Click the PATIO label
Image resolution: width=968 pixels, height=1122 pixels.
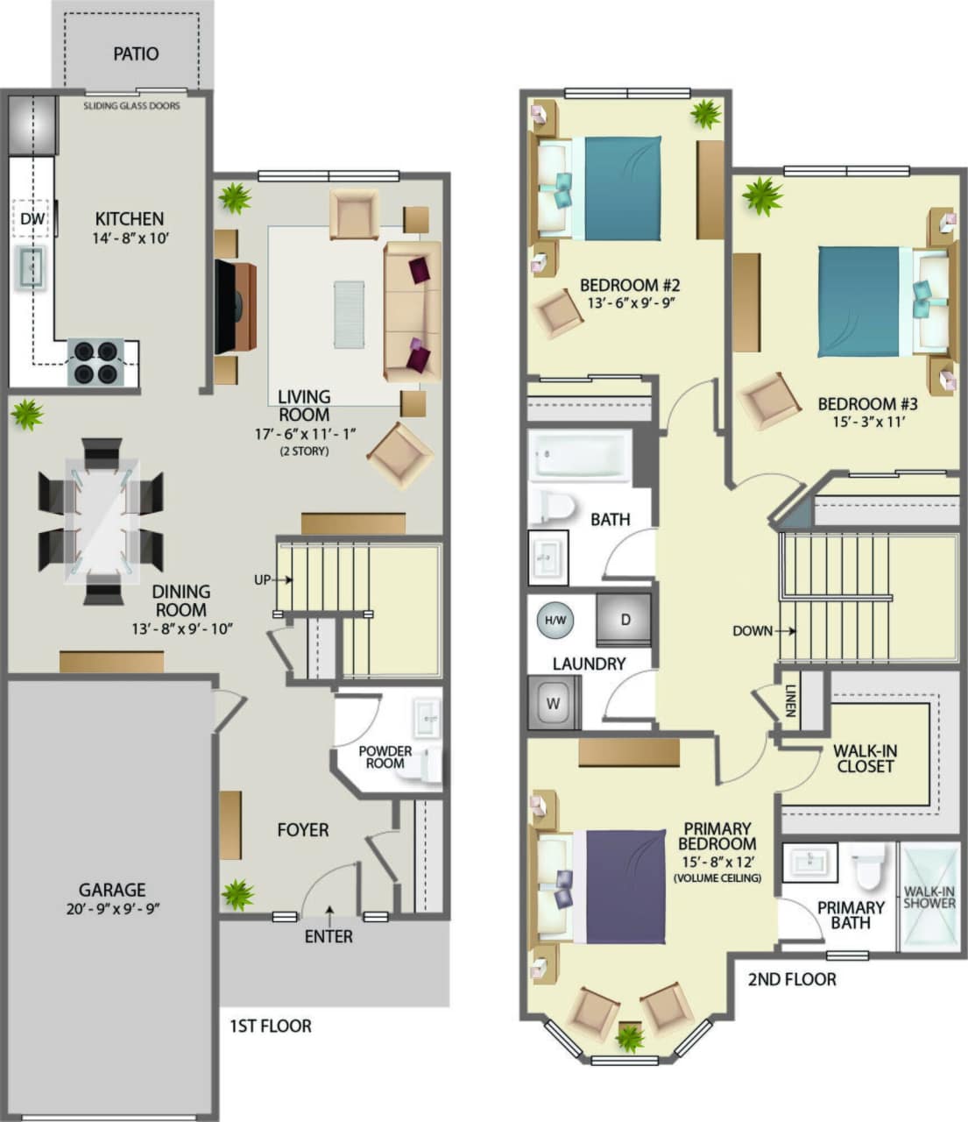(x=136, y=54)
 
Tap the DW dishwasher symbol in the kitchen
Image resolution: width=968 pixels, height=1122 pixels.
(x=32, y=218)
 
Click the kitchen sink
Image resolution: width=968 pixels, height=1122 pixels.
(x=32, y=267)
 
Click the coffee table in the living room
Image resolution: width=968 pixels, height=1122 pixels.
(x=349, y=314)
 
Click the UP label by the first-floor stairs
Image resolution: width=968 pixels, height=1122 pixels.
(x=262, y=579)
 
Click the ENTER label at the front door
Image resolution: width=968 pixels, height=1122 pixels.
(x=329, y=936)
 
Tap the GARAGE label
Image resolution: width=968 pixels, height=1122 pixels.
(x=111, y=890)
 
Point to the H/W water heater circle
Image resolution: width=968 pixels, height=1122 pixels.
(x=555, y=621)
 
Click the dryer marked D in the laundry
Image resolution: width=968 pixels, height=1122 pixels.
(x=625, y=620)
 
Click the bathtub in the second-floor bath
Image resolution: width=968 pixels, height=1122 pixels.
(x=580, y=456)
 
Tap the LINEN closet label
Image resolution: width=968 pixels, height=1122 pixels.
(x=789, y=700)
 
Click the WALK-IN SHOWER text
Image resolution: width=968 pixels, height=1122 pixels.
(x=929, y=897)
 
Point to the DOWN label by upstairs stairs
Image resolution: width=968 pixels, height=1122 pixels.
(x=752, y=630)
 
